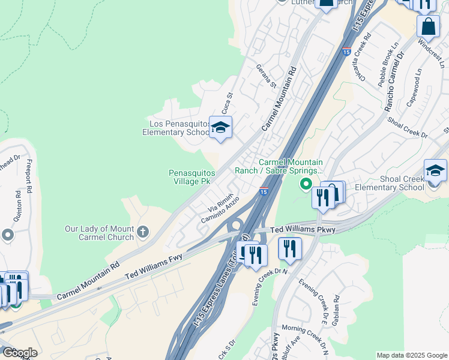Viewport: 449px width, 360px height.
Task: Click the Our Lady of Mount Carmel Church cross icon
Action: coord(143,232)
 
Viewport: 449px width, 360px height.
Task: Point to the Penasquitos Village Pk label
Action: coord(189,177)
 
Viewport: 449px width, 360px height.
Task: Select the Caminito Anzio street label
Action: coord(220,211)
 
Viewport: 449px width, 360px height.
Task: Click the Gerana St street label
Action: coord(265,76)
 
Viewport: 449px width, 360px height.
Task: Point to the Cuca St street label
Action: coord(226,103)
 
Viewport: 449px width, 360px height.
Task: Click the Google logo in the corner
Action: coord(20,353)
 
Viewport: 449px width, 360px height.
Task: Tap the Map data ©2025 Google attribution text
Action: coord(412,355)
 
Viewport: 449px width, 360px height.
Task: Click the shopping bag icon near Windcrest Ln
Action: coord(429,26)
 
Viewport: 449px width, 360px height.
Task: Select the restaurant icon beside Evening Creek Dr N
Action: coord(290,248)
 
